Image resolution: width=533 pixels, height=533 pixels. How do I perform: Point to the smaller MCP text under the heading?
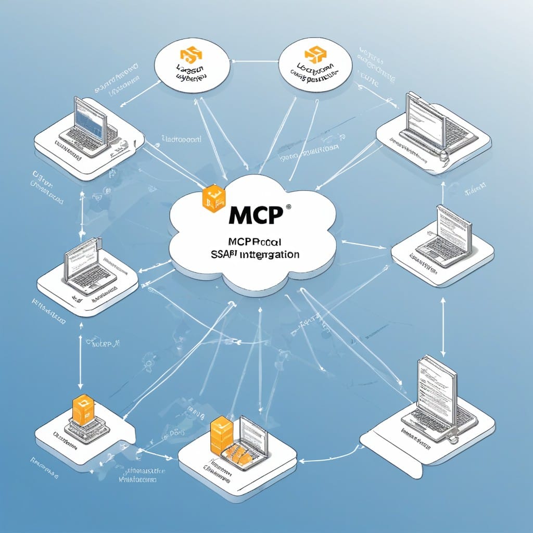(255, 242)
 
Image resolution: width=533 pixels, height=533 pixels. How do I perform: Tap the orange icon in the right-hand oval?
(312, 55)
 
